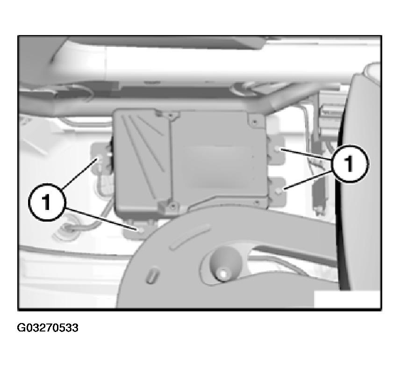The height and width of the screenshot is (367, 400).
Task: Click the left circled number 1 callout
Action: (47, 202)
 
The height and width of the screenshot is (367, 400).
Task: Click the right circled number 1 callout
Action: (350, 164)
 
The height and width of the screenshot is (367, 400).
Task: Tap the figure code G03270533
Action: (48, 328)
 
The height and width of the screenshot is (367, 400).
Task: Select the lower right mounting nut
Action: (279, 190)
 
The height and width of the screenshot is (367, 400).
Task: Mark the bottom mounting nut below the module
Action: (141, 230)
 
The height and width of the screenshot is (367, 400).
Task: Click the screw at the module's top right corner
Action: (255, 122)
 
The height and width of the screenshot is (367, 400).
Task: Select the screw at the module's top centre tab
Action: (170, 115)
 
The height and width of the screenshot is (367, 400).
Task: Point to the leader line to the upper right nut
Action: (307, 154)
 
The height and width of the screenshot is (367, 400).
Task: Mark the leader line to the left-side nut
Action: (79, 174)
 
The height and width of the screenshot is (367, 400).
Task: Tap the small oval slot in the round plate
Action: (152, 276)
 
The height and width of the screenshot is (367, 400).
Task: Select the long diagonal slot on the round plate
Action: (189, 237)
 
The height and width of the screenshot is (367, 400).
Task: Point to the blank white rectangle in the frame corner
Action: (347, 299)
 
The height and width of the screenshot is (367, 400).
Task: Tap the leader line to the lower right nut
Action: (308, 180)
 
